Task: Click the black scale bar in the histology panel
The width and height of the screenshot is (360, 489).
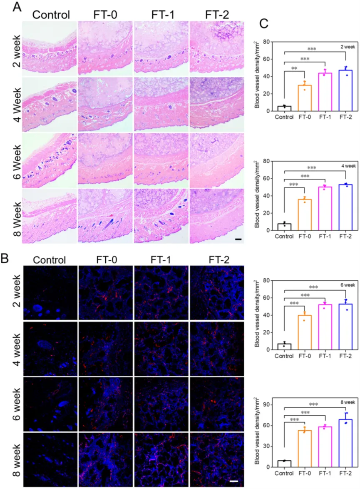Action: pyautogui.click(x=238, y=240)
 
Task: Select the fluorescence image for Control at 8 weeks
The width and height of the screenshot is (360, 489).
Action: pyautogui.click(x=50, y=460)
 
